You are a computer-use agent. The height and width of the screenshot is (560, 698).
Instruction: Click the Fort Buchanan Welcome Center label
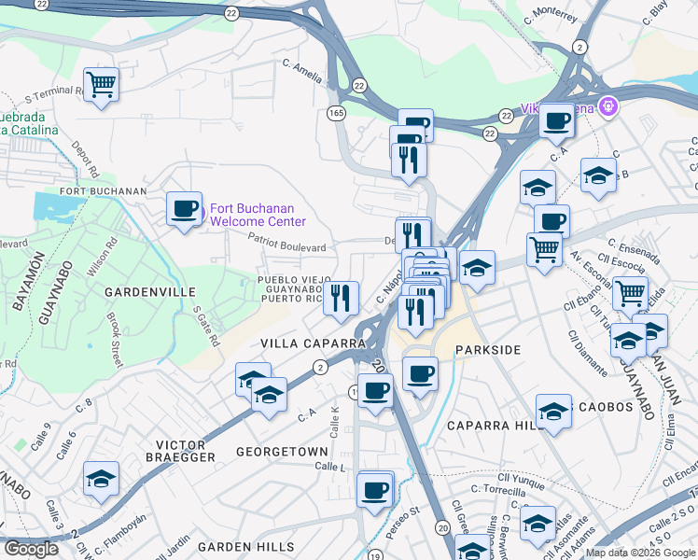click(258, 215)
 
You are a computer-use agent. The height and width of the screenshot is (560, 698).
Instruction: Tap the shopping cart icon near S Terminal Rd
click(101, 85)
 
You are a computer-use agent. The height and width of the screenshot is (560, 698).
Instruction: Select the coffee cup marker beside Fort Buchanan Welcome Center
click(184, 208)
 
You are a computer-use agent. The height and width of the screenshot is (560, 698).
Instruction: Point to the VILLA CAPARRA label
click(313, 343)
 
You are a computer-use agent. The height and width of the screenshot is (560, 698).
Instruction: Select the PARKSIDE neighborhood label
click(486, 349)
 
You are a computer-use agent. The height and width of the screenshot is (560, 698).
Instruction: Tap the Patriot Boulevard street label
click(287, 244)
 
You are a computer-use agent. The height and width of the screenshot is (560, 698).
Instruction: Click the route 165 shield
click(336, 112)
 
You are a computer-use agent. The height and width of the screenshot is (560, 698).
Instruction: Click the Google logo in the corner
click(31, 549)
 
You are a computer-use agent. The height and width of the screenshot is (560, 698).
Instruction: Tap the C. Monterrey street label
click(552, 16)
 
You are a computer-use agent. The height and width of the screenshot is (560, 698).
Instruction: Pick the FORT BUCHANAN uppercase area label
click(104, 191)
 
